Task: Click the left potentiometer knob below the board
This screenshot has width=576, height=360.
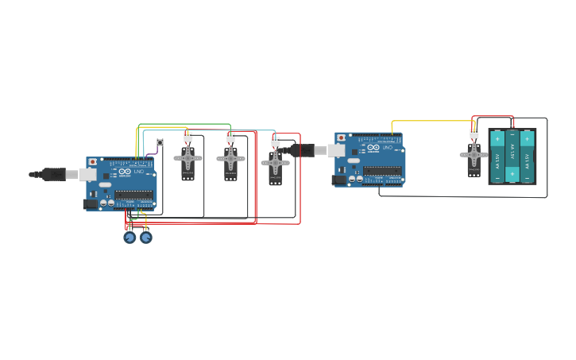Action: (x=130, y=237)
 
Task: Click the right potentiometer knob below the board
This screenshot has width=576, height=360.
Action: (x=146, y=237)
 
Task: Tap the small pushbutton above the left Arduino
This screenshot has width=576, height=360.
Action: (x=160, y=142)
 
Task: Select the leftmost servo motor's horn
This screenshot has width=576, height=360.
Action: (x=187, y=159)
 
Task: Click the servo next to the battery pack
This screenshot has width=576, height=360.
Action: (x=474, y=156)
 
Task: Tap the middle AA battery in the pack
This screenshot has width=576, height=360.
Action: (x=512, y=157)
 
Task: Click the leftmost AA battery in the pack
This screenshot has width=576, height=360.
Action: (x=498, y=157)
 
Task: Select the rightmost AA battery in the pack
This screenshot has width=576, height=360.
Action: (x=527, y=157)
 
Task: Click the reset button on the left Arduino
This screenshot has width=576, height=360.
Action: (x=93, y=162)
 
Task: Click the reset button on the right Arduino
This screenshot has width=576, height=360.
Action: (x=342, y=137)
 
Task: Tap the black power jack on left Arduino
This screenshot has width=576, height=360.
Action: (x=91, y=204)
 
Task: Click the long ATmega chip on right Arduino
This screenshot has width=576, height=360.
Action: (x=382, y=170)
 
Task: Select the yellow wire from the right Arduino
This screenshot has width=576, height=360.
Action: (x=429, y=122)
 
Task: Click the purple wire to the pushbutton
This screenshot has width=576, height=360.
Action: (x=151, y=152)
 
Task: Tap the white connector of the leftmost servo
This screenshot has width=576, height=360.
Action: (x=187, y=137)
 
